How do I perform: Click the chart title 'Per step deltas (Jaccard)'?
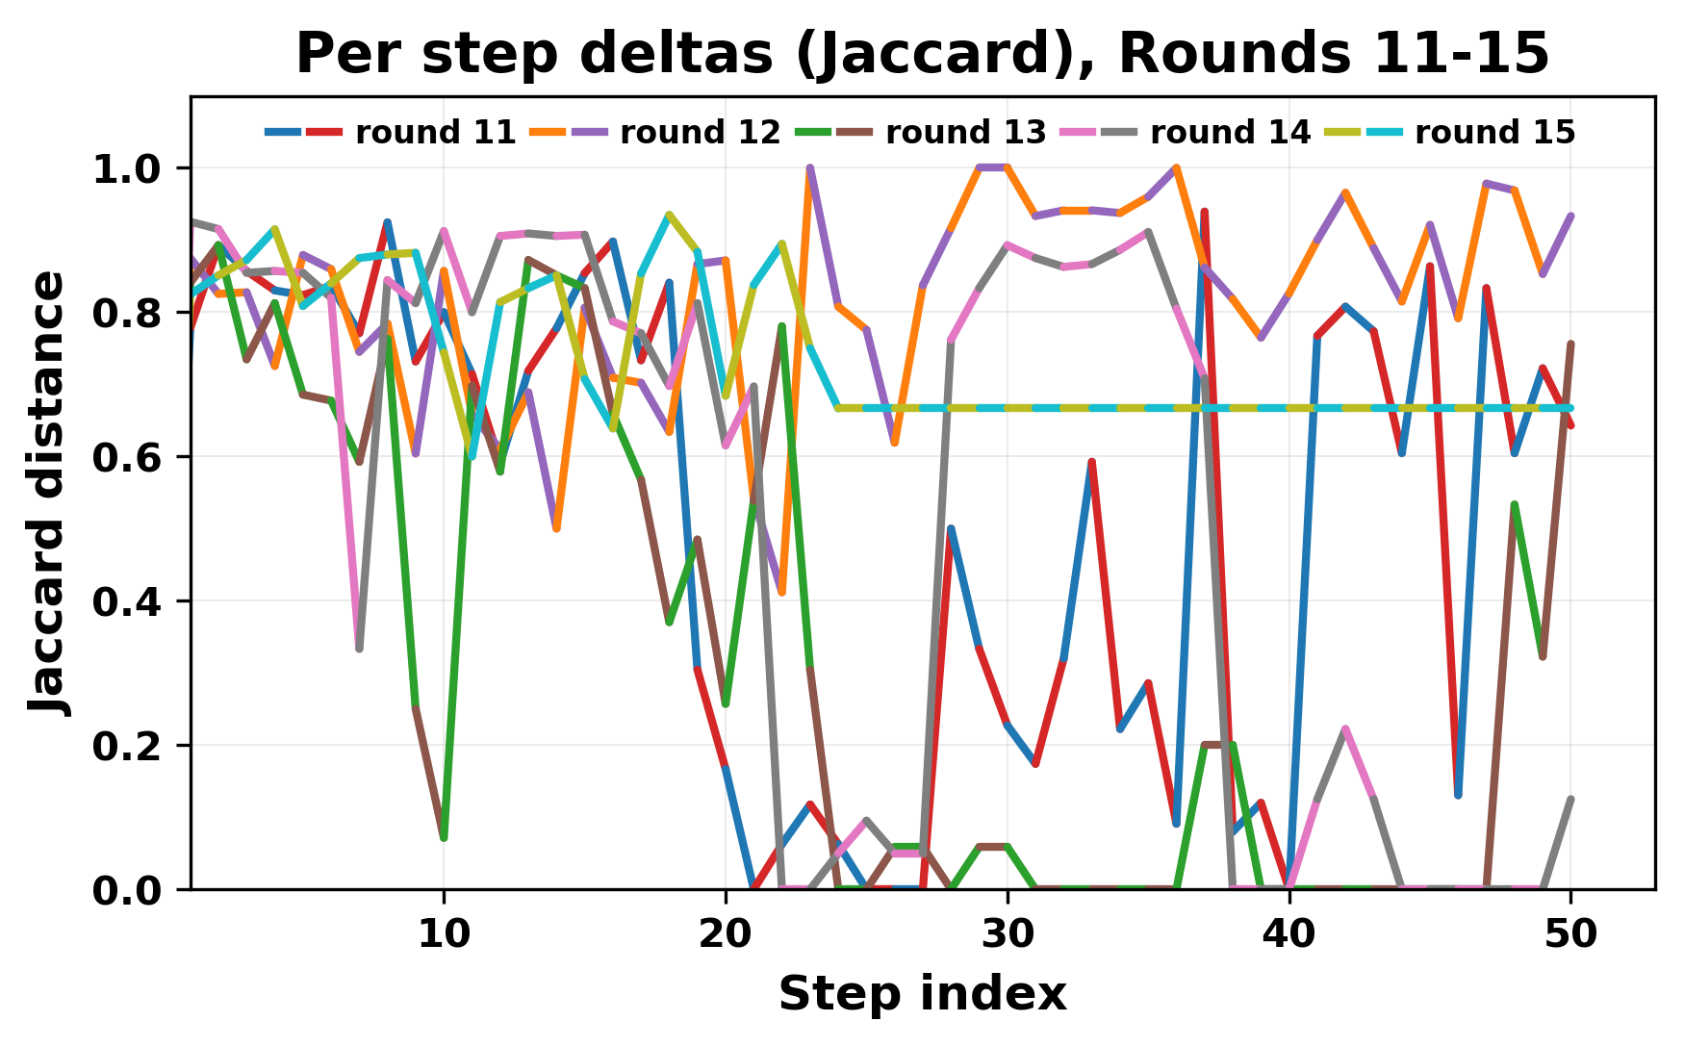[x=922, y=54]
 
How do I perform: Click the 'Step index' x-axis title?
[x=922, y=994]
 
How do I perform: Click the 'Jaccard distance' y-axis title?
[x=48, y=493]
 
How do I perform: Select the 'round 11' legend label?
[x=436, y=133]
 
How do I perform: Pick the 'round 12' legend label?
[x=701, y=133]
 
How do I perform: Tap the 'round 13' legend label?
[x=965, y=133]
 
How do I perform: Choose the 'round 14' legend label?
[x=1230, y=133]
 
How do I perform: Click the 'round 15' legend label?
[x=1494, y=133]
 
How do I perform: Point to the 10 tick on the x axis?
[x=444, y=933]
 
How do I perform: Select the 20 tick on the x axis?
[x=726, y=933]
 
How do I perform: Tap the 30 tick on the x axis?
[x=1008, y=933]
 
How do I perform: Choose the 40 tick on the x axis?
[x=1289, y=933]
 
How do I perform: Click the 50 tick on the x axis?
[x=1571, y=933]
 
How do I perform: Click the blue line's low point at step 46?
[x=1459, y=795]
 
